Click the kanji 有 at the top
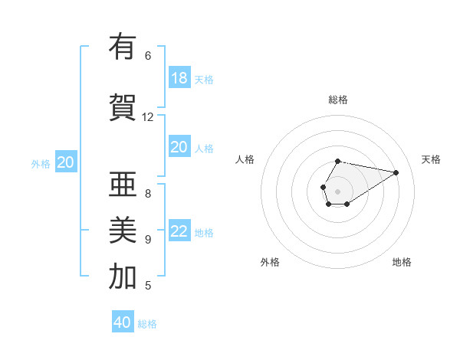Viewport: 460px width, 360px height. pyautogui.click(x=123, y=47)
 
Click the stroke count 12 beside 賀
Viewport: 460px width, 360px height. pyautogui.click(x=148, y=116)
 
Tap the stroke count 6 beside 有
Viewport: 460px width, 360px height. pyautogui.click(x=148, y=55)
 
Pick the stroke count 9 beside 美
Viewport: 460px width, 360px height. pyautogui.click(x=148, y=239)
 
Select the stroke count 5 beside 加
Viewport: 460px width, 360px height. pyautogui.click(x=148, y=286)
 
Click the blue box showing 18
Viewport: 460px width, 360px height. pyautogui.click(x=179, y=78)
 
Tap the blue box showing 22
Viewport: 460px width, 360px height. pyautogui.click(x=179, y=232)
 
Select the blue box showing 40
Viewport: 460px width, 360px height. pyautogui.click(x=123, y=322)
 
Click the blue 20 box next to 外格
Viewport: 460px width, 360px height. pyautogui.click(x=66, y=162)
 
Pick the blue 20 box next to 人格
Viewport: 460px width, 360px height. pyautogui.click(x=179, y=148)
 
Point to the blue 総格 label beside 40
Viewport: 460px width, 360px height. pyautogui.click(x=147, y=324)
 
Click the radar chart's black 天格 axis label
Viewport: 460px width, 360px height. pyautogui.click(x=431, y=159)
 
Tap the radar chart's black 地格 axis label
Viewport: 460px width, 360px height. pyautogui.click(x=402, y=262)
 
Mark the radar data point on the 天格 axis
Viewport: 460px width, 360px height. pyautogui.click(x=396, y=172)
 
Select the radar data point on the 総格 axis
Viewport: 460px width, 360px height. pyautogui.click(x=337, y=161)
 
